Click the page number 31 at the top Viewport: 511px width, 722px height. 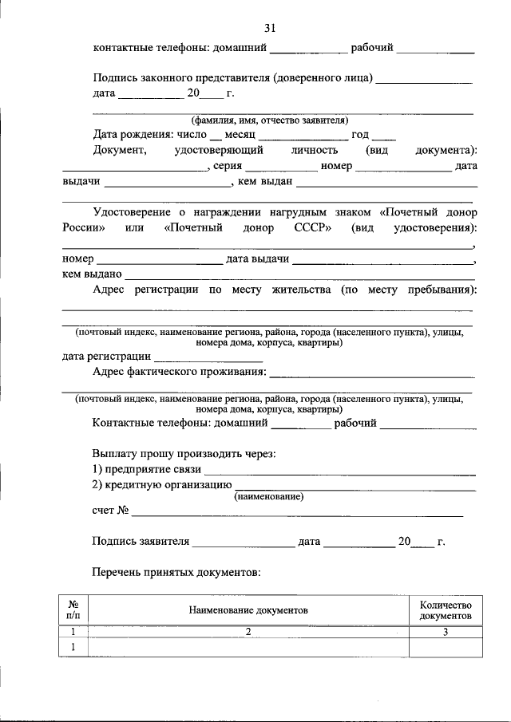point(270,28)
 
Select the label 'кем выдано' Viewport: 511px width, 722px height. point(92,274)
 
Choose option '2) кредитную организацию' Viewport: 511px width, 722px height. point(162,483)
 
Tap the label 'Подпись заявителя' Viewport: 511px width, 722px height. point(141,541)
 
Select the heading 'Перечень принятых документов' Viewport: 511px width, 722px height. point(177,572)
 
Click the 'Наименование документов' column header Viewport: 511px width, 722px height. point(248,610)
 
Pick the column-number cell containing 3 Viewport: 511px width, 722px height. point(446,632)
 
